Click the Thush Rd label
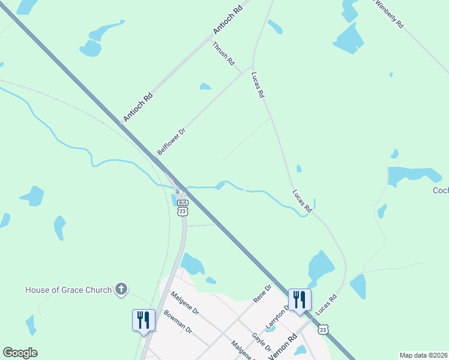[223, 55]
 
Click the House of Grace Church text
[68, 290]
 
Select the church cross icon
[121, 290]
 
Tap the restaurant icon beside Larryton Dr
[299, 300]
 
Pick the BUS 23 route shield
[183, 207]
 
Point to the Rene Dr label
[263, 293]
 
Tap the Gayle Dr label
[262, 341]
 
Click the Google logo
[20, 353]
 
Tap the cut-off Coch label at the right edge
[441, 191]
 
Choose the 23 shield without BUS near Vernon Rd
[324, 329]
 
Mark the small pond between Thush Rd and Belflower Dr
[205, 87]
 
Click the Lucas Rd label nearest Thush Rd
[258, 85]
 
